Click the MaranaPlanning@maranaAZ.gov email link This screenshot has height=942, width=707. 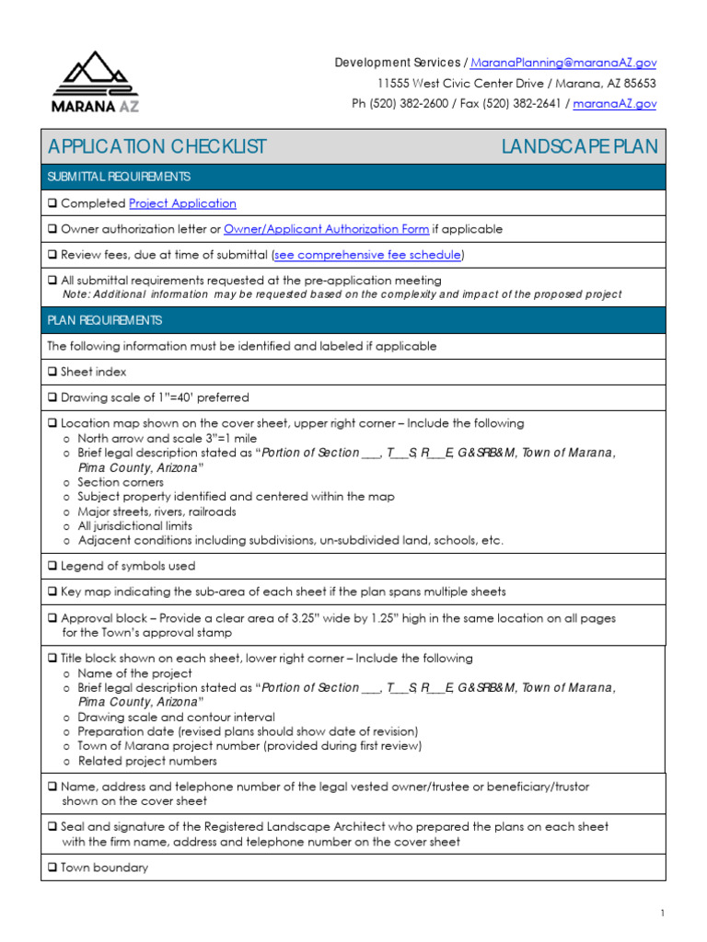coord(563,63)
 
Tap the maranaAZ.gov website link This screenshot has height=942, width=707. coord(614,104)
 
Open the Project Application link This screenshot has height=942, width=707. coord(182,203)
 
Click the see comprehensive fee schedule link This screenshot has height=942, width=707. coord(368,255)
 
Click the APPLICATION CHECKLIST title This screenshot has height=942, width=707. coord(157,147)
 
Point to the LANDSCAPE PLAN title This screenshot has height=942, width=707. coord(579,147)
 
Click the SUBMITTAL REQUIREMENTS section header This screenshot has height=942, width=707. coord(120,177)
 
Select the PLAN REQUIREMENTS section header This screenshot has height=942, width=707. coord(105,320)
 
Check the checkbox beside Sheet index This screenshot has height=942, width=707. coord(52,373)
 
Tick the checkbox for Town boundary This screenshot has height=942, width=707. coord(52,867)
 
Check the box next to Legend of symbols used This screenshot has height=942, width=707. coord(52,567)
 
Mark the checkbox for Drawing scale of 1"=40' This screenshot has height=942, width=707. coord(52,398)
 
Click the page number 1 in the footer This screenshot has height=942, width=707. coord(662,913)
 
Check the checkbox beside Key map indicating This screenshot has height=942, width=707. coord(52,592)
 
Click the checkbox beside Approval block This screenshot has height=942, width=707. coord(52,619)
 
